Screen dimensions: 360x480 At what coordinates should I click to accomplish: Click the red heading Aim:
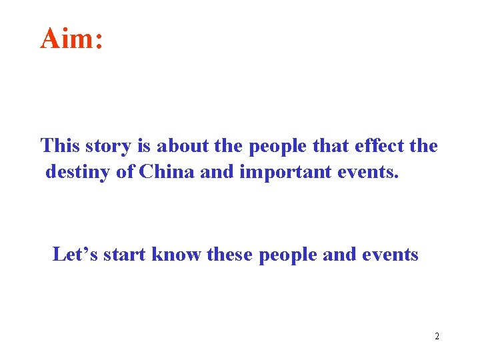[x=71, y=39]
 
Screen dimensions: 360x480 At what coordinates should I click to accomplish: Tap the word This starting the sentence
[x=60, y=145]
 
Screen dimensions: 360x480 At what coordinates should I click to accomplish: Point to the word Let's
[x=77, y=254]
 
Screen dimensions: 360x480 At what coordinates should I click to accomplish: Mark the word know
[x=176, y=254]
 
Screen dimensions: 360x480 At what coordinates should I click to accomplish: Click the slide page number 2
[x=437, y=336]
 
